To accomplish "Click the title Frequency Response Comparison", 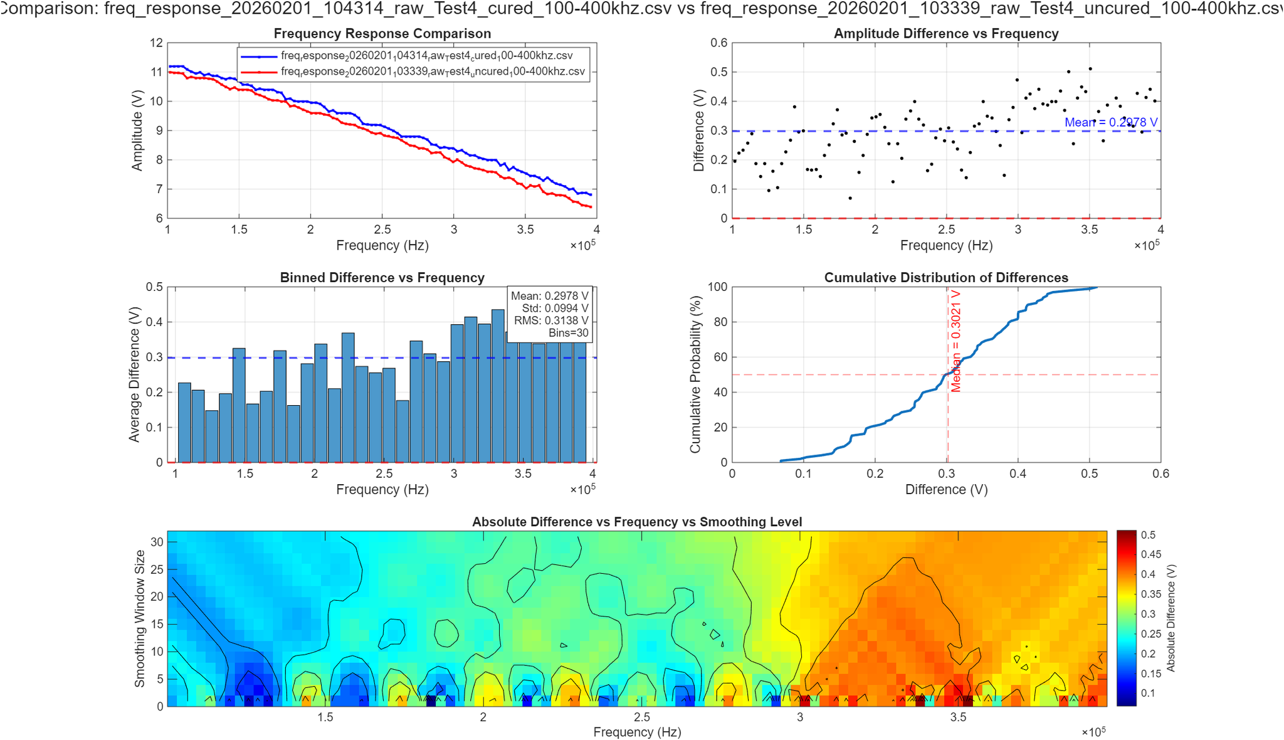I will [x=382, y=33].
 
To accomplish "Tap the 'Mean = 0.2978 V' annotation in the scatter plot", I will [x=1110, y=122].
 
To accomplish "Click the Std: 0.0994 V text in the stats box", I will [x=555, y=308].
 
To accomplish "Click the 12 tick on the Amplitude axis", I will [x=156, y=43].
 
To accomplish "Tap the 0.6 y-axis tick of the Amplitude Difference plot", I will [x=718, y=43].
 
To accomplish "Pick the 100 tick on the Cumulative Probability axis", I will [x=717, y=287].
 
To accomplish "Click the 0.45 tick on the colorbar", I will [x=1150, y=554].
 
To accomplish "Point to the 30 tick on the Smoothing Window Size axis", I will [x=156, y=542].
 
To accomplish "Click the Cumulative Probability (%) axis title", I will [x=695, y=374].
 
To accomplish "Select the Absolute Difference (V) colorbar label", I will [x=1171, y=618].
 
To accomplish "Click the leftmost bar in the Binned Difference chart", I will [x=184, y=423].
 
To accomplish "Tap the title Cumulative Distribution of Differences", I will [x=945, y=277].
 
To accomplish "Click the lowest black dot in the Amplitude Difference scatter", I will [x=850, y=198].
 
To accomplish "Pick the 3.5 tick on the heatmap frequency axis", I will [x=958, y=717].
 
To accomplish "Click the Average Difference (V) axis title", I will [x=134, y=374].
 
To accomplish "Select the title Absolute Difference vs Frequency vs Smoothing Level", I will [x=636, y=522].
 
